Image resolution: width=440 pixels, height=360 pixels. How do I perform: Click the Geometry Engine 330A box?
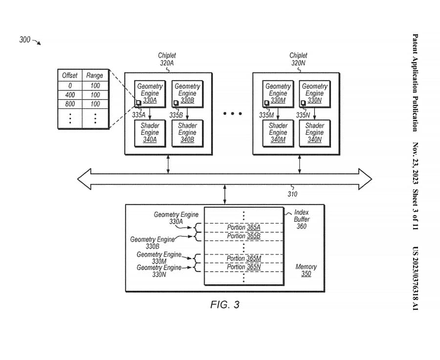click(150, 93)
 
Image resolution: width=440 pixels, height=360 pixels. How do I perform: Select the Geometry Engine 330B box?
click(187, 93)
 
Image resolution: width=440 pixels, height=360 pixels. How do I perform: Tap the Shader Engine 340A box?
click(150, 132)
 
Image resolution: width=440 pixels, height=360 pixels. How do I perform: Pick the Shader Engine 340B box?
click(187, 132)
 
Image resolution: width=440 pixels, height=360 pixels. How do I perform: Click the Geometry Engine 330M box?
click(278, 93)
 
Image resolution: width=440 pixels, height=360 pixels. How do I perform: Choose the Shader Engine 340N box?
click(315, 132)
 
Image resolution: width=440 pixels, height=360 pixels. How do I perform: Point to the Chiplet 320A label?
click(167, 59)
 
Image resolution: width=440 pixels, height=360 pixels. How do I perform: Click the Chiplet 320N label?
click(298, 59)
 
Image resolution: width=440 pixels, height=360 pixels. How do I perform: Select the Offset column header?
click(70, 76)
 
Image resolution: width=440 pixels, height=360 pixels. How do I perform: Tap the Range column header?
click(95, 76)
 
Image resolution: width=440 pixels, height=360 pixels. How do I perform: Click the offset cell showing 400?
click(70, 95)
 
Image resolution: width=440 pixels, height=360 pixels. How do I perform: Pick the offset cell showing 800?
click(70, 104)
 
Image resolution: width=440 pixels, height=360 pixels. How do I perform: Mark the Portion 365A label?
click(243, 227)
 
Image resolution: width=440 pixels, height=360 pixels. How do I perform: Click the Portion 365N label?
click(243, 267)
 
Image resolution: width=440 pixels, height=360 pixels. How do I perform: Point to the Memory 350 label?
click(306, 270)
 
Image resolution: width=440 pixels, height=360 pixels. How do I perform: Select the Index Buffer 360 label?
click(302, 220)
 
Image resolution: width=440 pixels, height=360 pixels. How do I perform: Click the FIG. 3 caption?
click(225, 305)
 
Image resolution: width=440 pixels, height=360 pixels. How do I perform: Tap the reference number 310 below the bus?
click(292, 194)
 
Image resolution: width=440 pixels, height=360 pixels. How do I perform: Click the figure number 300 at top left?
click(25, 40)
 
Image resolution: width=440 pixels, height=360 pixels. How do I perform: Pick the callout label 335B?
click(176, 115)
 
